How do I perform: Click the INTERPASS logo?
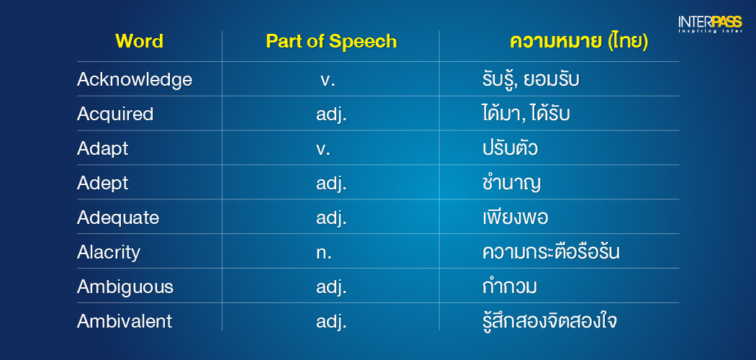[710, 24]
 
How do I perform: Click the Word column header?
[140, 42]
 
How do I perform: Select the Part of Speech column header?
[331, 42]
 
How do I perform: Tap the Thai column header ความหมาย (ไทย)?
[579, 42]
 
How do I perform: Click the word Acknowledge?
[135, 80]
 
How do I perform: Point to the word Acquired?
[115, 114]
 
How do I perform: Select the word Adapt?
[103, 149]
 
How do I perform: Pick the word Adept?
[103, 184]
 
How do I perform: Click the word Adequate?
[118, 218]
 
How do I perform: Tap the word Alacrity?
[109, 253]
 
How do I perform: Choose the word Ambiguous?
[125, 287]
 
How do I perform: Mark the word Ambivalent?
[125, 321]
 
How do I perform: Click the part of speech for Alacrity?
[324, 253]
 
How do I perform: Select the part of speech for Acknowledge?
[328, 81]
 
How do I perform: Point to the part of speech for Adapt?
[323, 150]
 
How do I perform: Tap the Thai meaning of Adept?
[511, 184]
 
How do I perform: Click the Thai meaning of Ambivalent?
[549, 321]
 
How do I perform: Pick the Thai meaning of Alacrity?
[551, 253]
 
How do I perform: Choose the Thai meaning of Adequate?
[515, 218]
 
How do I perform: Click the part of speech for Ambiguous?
[332, 288]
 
